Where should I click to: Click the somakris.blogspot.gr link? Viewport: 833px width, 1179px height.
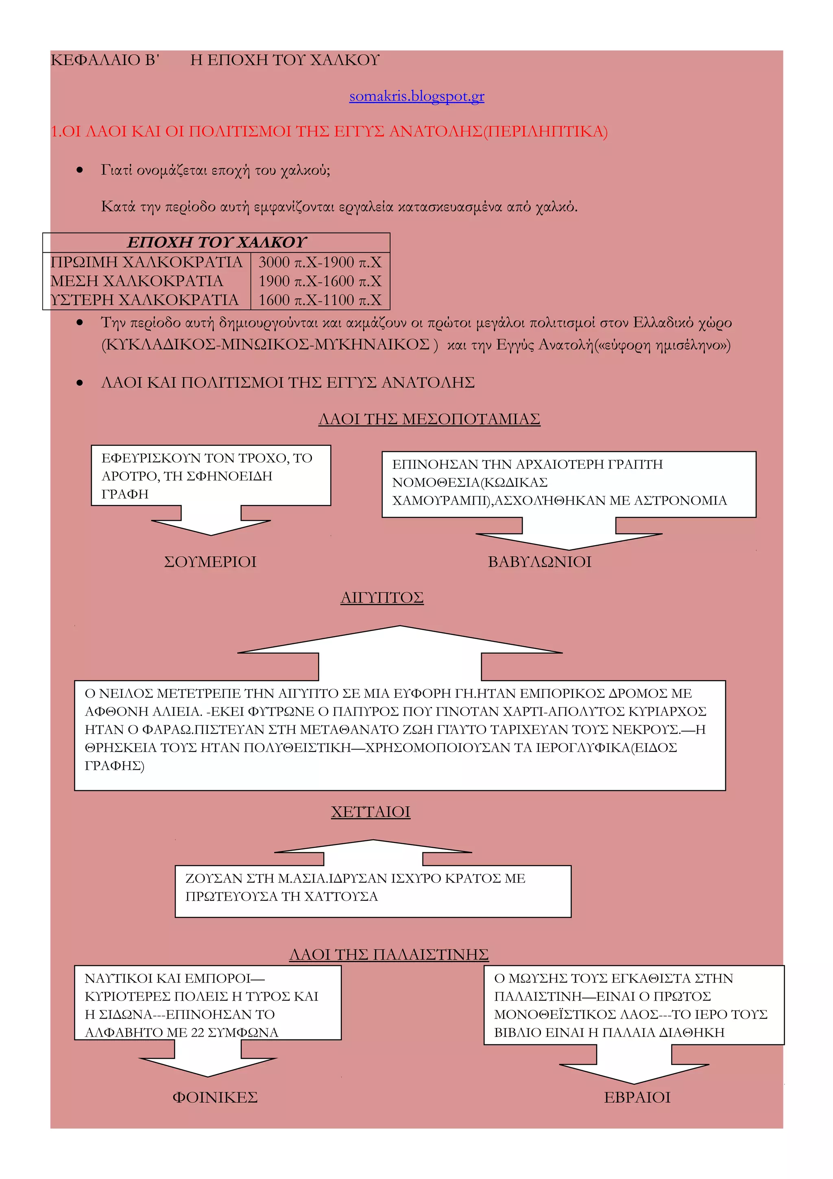point(416,96)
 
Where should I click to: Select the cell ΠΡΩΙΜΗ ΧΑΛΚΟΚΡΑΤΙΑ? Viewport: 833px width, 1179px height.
point(146,262)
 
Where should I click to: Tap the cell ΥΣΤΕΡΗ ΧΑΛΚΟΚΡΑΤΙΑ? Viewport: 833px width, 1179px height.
point(144,300)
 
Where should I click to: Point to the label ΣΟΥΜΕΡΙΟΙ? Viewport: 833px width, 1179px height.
point(210,562)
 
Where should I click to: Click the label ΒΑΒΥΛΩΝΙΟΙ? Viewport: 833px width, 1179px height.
point(539,562)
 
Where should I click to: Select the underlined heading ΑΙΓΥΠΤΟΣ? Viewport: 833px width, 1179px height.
point(382,598)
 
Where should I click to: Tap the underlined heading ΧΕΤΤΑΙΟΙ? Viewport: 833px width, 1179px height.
point(371,812)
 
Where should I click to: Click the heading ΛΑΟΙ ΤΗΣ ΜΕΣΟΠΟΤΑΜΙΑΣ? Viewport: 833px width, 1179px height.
point(429,419)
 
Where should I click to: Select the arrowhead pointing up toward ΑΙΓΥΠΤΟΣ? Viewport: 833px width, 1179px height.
point(399,642)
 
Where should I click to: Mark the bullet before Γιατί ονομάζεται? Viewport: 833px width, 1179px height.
point(80,170)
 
